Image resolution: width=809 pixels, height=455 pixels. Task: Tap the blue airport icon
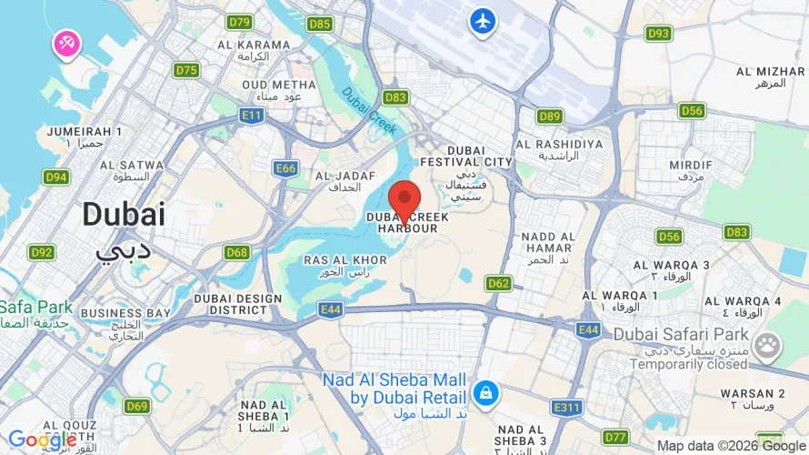(x=483, y=20)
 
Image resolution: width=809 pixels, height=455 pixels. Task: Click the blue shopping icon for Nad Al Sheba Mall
(x=483, y=393)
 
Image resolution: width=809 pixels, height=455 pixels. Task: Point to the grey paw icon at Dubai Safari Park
(x=768, y=345)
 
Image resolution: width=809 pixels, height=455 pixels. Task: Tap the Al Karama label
(x=252, y=50)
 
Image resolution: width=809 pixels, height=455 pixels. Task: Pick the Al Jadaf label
(x=338, y=180)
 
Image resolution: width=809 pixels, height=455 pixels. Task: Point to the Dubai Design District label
(x=238, y=303)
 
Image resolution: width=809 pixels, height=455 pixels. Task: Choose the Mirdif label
(x=691, y=170)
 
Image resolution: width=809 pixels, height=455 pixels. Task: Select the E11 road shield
(x=252, y=115)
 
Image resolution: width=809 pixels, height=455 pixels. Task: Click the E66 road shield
(x=286, y=167)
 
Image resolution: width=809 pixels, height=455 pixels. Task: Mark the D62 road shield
(x=498, y=283)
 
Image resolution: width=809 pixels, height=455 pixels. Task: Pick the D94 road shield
(x=56, y=177)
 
